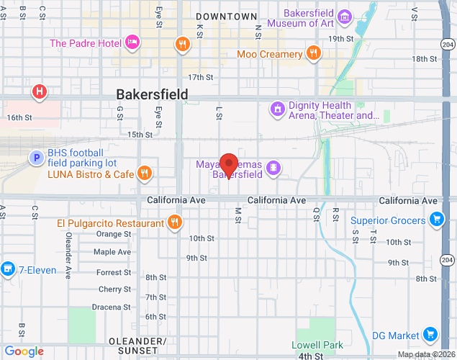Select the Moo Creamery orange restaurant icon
(x=313, y=53)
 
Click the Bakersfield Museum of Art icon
(x=345, y=17)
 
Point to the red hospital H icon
(x=40, y=92)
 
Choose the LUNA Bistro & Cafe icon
(x=145, y=173)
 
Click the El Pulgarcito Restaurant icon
(x=174, y=222)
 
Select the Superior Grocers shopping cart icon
(x=435, y=219)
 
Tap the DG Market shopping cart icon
(x=430, y=334)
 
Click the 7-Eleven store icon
(x=8, y=269)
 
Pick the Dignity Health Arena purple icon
(x=277, y=109)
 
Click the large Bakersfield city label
(x=152, y=94)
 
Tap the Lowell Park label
(x=317, y=346)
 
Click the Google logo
(x=24, y=351)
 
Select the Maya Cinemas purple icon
(x=273, y=168)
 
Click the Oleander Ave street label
(x=68, y=255)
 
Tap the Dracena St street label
(x=111, y=307)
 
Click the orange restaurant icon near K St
(x=183, y=44)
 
